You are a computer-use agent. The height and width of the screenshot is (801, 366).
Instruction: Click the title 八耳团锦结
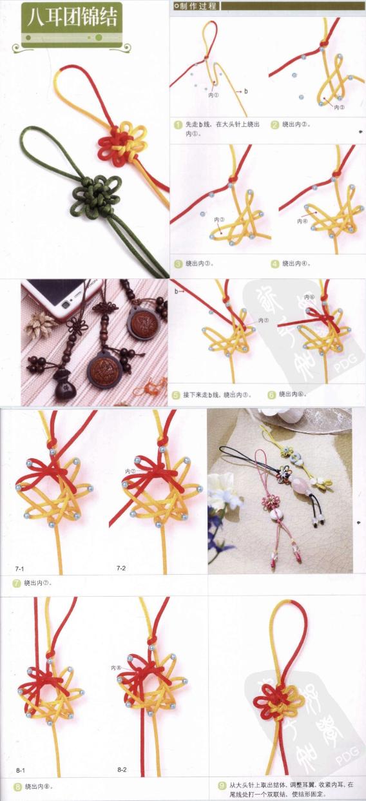[71, 17]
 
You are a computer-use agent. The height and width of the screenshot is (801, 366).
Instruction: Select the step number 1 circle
[177, 124]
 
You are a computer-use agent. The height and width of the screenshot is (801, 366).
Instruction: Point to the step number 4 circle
[274, 264]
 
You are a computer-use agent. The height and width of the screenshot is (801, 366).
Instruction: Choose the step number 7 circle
[16, 583]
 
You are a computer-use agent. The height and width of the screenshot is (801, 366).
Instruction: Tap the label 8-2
[122, 770]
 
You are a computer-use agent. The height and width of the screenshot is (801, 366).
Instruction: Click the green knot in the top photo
[90, 192]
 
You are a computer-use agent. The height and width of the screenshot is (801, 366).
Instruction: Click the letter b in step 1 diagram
[245, 92]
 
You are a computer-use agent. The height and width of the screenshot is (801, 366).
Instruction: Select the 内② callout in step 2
[339, 108]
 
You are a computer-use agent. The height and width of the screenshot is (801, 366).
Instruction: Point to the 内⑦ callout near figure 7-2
[130, 472]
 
